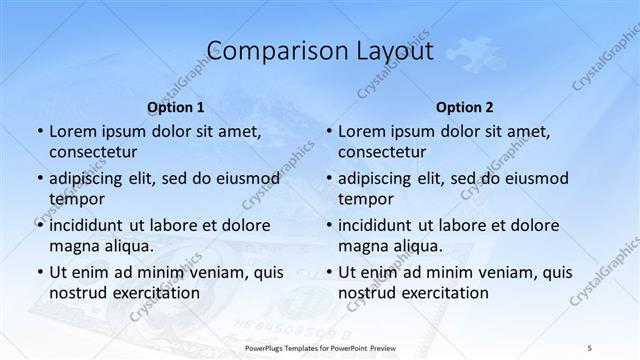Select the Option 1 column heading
(176, 107)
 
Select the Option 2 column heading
(465, 107)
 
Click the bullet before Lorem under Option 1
(39, 131)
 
